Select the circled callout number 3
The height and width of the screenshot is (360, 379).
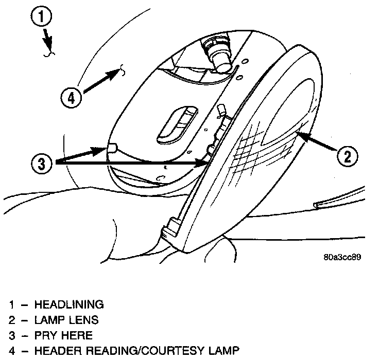(42, 164)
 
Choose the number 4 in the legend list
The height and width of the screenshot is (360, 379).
(12, 352)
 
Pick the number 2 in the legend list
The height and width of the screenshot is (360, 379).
(12, 320)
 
